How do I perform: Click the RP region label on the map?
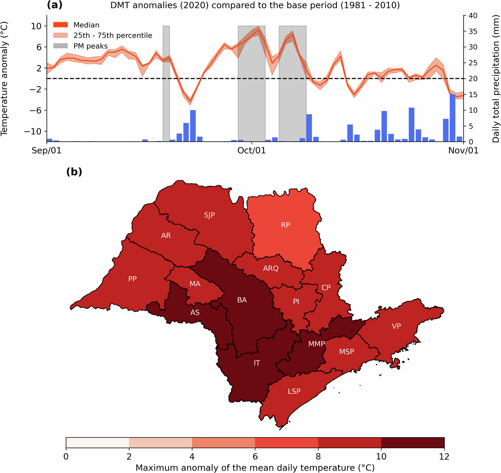[x=285, y=225]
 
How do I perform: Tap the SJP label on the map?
[x=209, y=215]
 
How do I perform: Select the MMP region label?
[x=316, y=344]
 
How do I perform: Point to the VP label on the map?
[x=396, y=326]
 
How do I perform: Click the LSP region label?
[x=294, y=391]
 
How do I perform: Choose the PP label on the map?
[x=132, y=279]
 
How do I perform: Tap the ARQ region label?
[x=271, y=268]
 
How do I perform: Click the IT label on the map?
[x=257, y=363]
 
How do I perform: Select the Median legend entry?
[x=86, y=25]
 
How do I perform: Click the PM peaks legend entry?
[x=91, y=46]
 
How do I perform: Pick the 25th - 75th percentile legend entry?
[x=113, y=35]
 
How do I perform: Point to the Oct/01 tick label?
[x=252, y=151]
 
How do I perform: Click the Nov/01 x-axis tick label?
[x=463, y=151]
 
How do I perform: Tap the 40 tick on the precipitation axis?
[x=473, y=16]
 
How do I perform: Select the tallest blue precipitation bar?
[x=452, y=117]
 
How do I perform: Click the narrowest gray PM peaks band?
[x=166, y=83]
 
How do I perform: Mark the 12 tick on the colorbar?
[x=444, y=456]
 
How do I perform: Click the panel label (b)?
[x=74, y=172]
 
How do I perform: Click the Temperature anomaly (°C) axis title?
[x=4, y=79]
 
